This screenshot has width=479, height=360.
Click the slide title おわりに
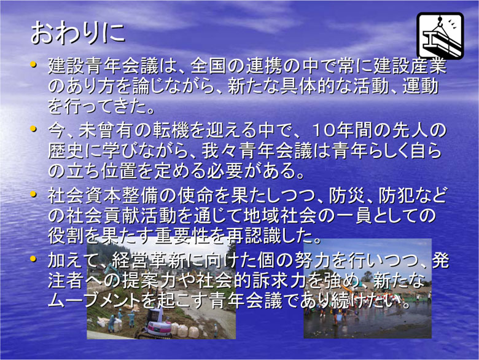click(78, 33)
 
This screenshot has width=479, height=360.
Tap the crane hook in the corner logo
click(440, 21)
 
